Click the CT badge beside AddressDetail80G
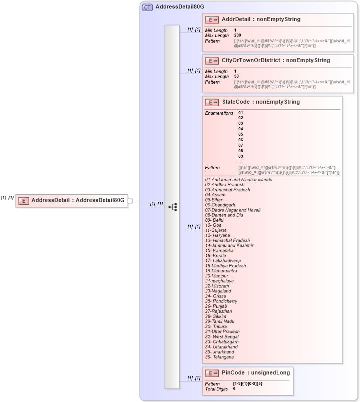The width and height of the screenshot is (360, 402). point(147,7)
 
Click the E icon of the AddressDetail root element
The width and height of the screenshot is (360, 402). point(23,200)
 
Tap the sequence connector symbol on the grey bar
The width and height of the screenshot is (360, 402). point(172,206)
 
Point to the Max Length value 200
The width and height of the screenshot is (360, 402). point(237,36)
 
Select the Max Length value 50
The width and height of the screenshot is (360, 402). point(236,77)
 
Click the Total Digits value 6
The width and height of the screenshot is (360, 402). point(234,388)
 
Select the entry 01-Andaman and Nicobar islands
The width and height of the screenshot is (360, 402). point(238,179)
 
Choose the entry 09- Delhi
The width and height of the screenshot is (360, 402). point(214,220)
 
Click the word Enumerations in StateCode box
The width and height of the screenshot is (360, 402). point(219,113)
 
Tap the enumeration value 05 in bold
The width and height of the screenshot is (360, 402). point(241,134)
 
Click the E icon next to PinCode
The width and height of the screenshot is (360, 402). point(212,373)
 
